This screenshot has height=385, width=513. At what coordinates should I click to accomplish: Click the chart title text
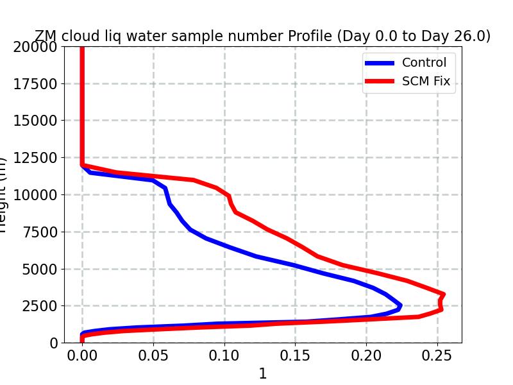pyautogui.click(x=262, y=37)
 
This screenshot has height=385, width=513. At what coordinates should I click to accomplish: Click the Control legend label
pyautogui.click(x=424, y=63)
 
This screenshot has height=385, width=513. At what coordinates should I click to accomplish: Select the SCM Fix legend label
pyautogui.click(x=426, y=81)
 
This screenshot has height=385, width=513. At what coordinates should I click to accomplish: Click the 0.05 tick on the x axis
pyautogui.click(x=153, y=355)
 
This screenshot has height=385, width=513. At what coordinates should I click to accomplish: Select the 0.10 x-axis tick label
pyautogui.click(x=224, y=355)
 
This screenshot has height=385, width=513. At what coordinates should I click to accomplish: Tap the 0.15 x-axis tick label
pyautogui.click(x=295, y=355)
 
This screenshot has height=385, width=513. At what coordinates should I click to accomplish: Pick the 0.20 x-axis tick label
pyautogui.click(x=366, y=355)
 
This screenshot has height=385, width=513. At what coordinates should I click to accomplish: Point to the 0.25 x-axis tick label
pyautogui.click(x=437, y=355)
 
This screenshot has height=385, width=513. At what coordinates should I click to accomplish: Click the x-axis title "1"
pyautogui.click(x=262, y=373)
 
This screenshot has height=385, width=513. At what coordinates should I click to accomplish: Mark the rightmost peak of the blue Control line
pyautogui.click(x=400, y=306)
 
